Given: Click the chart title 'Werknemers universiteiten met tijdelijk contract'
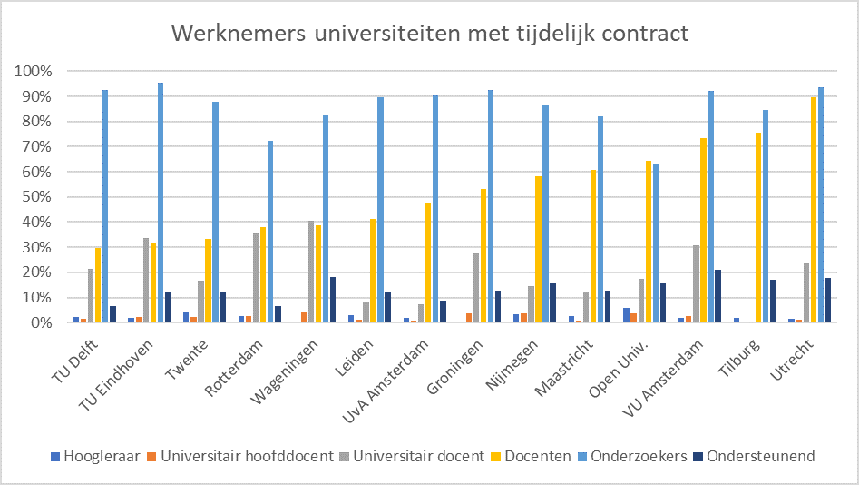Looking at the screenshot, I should [429, 34].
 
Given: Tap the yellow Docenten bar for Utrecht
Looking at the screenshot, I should [814, 210].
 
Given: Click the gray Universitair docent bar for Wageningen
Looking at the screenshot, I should [311, 272].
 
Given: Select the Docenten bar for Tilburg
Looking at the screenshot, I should [758, 227].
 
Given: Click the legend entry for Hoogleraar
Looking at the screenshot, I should [91, 456].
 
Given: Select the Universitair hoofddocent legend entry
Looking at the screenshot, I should [245, 456].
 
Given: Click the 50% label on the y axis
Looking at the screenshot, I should [37, 197].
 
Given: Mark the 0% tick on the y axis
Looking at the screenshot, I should [41, 322].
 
